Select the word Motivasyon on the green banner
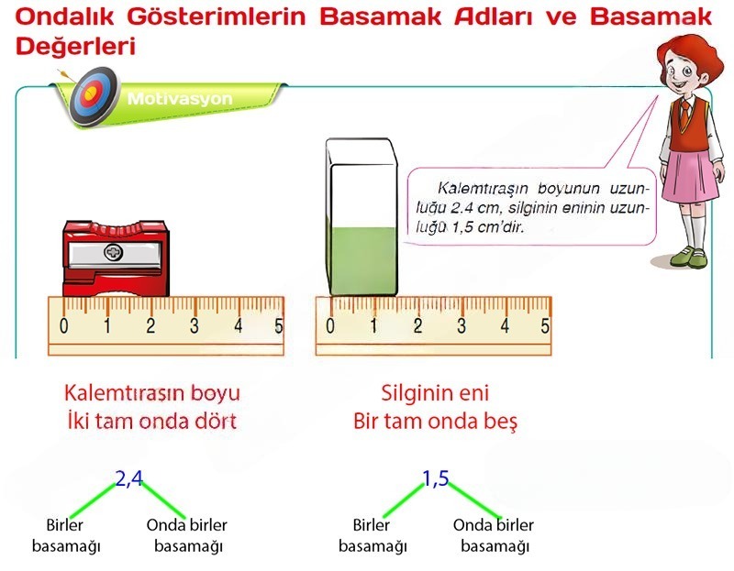[180, 98]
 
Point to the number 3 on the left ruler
[195, 324]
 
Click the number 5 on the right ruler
[545, 324]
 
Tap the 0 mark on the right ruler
[329, 324]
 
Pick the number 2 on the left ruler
[150, 324]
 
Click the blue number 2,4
[129, 478]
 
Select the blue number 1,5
[435, 478]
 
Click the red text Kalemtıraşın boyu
[151, 393]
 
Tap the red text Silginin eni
[435, 393]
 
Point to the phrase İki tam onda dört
[151, 422]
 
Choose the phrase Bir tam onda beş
[436, 422]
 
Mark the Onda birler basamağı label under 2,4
[187, 535]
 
